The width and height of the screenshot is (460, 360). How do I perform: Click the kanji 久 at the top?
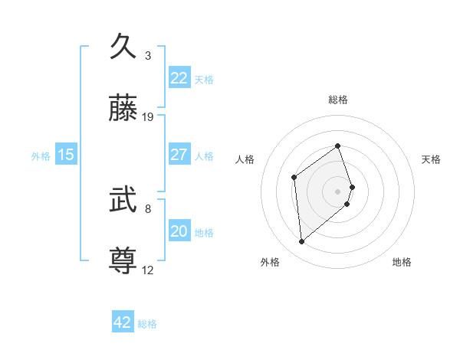(x=123, y=47)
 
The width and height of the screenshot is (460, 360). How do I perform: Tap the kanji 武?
(x=123, y=200)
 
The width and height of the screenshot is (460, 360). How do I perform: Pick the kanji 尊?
(x=123, y=261)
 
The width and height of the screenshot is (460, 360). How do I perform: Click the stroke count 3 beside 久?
(x=148, y=56)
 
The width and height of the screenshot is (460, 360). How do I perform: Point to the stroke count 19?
(x=148, y=117)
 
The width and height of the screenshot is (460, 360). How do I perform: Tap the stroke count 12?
(x=148, y=270)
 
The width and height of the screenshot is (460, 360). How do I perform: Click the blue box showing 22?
(x=179, y=78)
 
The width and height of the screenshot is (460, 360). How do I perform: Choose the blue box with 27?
(x=179, y=155)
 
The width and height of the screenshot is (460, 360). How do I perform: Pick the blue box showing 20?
(x=179, y=231)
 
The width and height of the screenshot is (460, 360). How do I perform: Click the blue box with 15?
(x=66, y=155)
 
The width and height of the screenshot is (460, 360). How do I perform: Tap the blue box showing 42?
(x=123, y=322)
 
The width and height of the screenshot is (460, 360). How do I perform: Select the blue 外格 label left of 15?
(x=41, y=155)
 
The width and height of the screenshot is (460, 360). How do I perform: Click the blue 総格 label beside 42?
(x=147, y=324)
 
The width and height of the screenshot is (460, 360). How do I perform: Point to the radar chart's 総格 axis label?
(x=337, y=100)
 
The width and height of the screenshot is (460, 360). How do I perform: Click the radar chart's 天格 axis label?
(x=431, y=159)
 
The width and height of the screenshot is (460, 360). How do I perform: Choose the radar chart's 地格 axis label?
(x=402, y=262)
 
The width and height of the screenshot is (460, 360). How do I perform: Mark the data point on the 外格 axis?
(x=301, y=242)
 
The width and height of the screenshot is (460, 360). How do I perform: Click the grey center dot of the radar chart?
(x=337, y=191)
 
